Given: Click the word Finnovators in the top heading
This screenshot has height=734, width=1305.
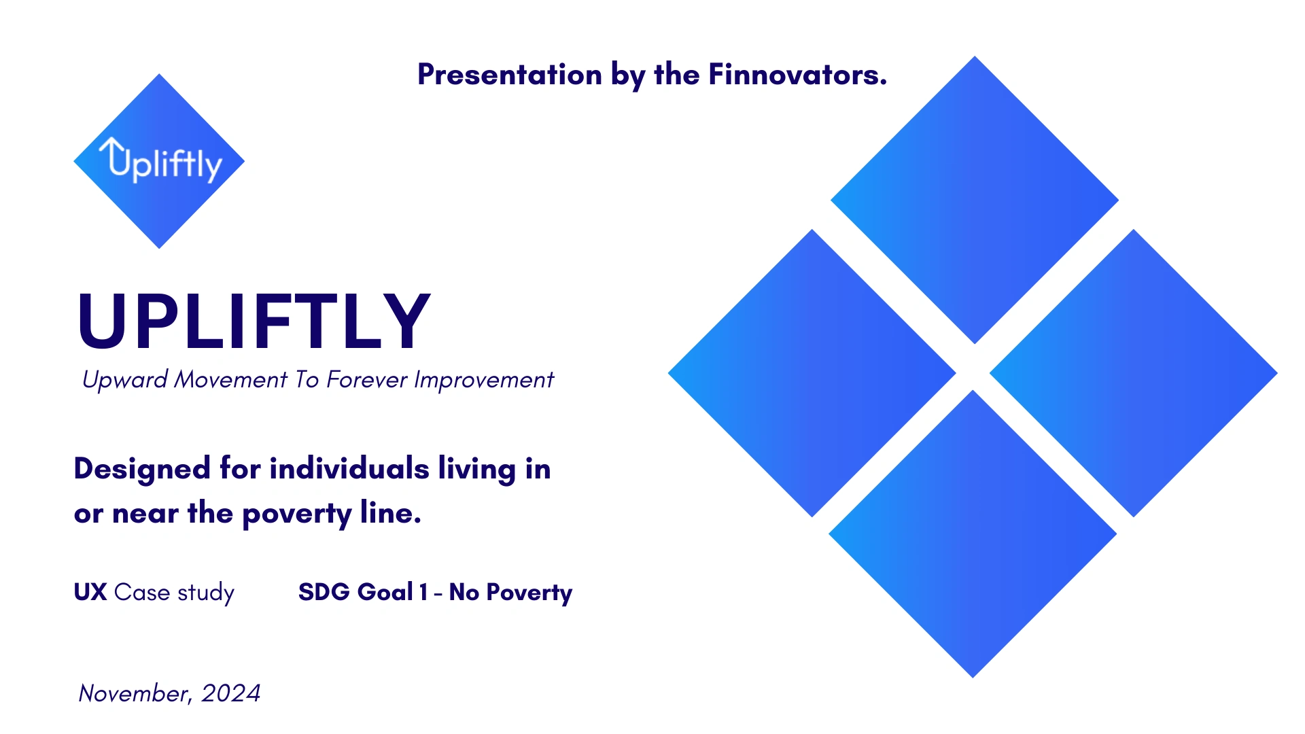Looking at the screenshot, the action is click(797, 74).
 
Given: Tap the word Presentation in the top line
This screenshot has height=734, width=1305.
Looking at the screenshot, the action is click(510, 74).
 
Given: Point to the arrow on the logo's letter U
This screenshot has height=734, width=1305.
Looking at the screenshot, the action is click(111, 150).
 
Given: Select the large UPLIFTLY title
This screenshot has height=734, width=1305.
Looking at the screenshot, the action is click(254, 321).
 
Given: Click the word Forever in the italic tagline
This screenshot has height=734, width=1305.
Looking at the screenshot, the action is click(367, 379).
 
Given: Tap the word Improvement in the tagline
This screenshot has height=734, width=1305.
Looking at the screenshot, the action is click(484, 380).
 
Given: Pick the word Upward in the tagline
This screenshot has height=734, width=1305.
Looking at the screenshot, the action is click(125, 380).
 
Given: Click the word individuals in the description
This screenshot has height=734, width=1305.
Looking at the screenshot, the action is click(349, 468).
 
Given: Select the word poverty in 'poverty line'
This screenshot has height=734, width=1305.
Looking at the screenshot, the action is click(296, 514).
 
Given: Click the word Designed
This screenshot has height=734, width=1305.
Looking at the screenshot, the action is click(142, 469).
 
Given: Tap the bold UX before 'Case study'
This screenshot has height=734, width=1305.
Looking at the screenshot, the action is click(90, 592).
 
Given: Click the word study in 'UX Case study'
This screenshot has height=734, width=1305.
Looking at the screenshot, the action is click(206, 593).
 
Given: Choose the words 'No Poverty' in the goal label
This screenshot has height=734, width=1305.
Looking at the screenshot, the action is click(510, 593).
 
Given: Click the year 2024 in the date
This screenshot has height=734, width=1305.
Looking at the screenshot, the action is click(231, 693).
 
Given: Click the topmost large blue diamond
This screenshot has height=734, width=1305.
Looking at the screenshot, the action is click(975, 200).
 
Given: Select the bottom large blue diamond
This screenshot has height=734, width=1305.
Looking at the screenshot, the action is click(973, 534).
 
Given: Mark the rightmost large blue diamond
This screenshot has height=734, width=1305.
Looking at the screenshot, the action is click(1134, 373).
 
